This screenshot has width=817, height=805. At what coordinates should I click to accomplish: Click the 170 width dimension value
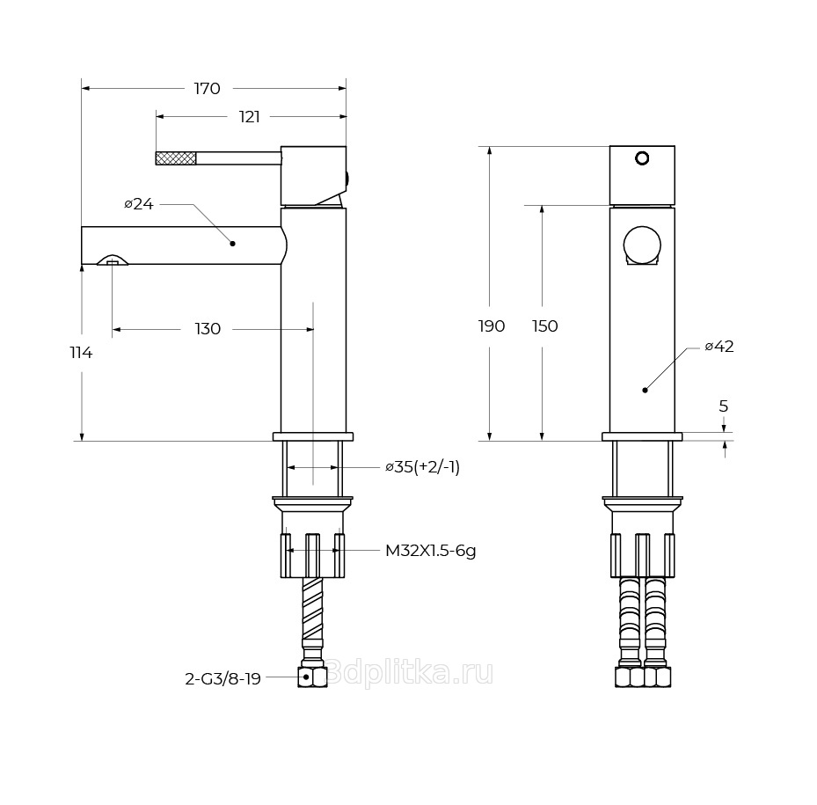(207, 89)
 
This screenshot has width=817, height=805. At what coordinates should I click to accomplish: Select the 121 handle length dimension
(249, 117)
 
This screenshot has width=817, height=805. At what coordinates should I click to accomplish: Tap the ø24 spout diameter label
(139, 204)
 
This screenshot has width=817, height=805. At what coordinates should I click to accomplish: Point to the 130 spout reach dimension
(208, 329)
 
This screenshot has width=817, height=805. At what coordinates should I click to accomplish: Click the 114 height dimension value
(81, 353)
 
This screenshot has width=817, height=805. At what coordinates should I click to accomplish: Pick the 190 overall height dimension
(492, 326)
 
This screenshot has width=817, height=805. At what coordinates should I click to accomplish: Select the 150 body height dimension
(545, 326)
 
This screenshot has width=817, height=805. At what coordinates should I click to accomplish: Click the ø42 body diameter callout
(719, 346)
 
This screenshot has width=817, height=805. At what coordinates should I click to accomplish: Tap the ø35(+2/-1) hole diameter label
(422, 466)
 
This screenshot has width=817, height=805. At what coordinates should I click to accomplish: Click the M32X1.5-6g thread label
(430, 551)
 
